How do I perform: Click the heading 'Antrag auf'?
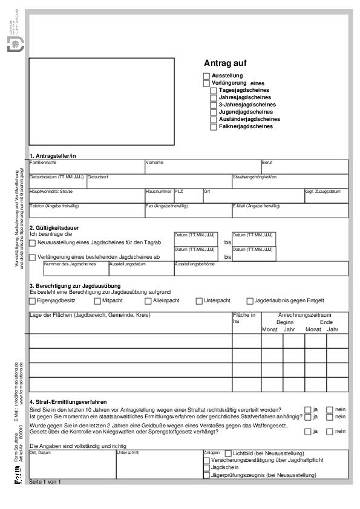coord(225,63)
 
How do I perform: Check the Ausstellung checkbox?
coord(206,76)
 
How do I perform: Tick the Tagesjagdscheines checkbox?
coord(214,90)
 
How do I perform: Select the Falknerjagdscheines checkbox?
coord(214,127)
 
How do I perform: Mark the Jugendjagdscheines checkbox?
coord(214,112)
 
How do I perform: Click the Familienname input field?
coord(87,169)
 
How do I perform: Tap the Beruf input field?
coord(304,169)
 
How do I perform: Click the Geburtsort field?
coord(159,183)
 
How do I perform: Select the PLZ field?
coord(188,198)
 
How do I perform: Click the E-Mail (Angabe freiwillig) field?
coord(290,212)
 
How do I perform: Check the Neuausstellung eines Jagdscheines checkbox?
coord(33,243)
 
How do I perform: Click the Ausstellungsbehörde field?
coord(261,270)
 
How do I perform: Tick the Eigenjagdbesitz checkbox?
coord(33,301)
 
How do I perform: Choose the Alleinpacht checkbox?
coord(148,301)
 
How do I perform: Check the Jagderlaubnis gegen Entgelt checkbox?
coord(250,301)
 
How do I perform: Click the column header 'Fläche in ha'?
coord(244,318)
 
